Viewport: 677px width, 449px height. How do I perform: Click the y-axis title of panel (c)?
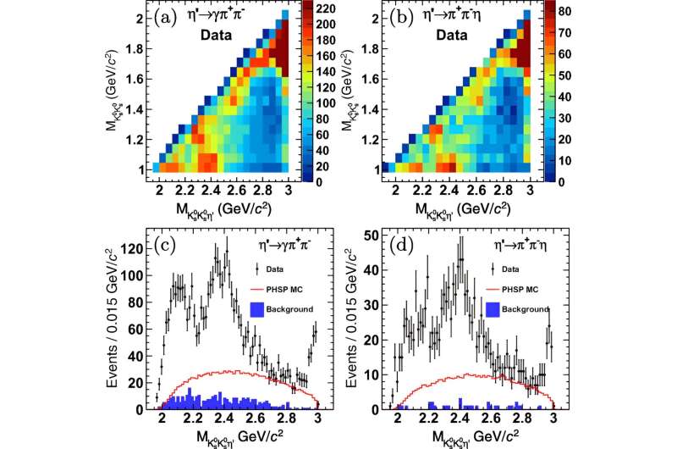point(113,324)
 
